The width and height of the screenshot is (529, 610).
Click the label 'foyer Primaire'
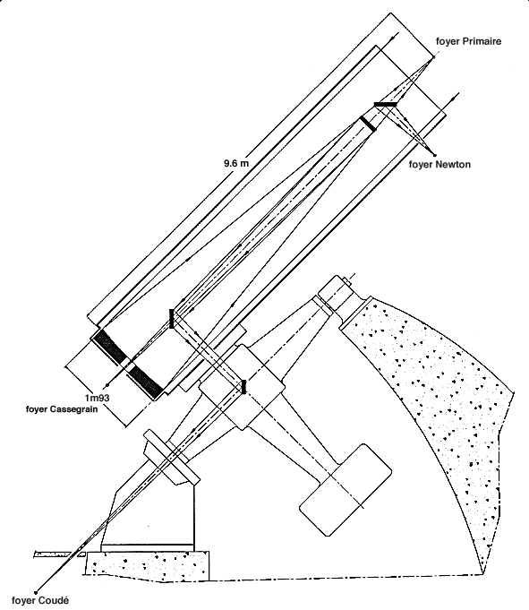click(468, 41)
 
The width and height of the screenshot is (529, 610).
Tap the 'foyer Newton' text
click(439, 165)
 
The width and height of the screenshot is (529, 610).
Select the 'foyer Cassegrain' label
click(62, 409)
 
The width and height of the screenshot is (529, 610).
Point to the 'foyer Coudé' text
click(40, 600)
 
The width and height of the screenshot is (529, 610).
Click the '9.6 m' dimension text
click(236, 163)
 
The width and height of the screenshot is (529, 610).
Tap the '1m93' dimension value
click(98, 398)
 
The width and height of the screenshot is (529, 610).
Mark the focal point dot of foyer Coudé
click(36, 593)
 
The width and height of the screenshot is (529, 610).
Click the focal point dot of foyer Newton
click(434, 155)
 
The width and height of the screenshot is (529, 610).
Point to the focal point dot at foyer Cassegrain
click(107, 385)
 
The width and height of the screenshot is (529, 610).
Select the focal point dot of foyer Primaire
click(434, 56)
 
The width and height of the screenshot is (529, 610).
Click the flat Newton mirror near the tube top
click(385, 104)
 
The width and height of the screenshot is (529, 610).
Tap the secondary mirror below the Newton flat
click(368, 124)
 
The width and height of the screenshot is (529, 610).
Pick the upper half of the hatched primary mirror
click(110, 347)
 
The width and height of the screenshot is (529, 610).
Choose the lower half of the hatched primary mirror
click(145, 382)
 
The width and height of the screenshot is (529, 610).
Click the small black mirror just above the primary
click(171, 319)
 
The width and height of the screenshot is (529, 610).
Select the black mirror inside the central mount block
click(243, 387)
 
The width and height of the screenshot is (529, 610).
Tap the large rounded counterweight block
click(346, 490)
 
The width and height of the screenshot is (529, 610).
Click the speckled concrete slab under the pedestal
click(148, 563)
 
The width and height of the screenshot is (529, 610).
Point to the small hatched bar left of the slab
click(53, 554)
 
